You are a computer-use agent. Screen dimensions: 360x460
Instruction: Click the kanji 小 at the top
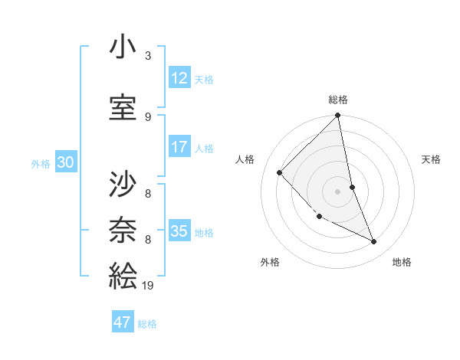pos(123,48)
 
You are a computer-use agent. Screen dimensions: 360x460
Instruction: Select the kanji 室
pos(123,107)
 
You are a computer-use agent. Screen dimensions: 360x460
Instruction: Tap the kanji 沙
pos(123,184)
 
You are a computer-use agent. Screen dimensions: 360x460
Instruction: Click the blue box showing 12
pos(179,78)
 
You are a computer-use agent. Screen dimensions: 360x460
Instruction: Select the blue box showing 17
pos(179,147)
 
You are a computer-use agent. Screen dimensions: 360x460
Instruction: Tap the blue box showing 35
pos(179,231)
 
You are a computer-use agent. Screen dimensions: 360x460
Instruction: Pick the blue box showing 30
pos(65,162)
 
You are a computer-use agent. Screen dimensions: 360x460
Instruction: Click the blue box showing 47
pos(123,322)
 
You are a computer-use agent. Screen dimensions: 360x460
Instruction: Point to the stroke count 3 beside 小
pos(148,56)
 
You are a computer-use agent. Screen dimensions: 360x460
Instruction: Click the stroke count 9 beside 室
pos(148,116)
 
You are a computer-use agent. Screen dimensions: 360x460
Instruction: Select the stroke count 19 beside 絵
pos(149,286)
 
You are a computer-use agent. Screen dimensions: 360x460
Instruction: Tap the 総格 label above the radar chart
pos(338,100)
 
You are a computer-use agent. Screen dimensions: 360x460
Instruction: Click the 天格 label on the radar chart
pos(432,159)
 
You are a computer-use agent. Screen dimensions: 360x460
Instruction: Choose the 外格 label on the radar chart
pos(270,262)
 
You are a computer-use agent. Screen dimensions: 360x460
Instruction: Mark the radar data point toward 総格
pos(338,116)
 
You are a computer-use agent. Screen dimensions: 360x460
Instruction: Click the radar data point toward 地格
pos(374,242)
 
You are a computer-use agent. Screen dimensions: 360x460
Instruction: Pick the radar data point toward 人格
pos(280,172)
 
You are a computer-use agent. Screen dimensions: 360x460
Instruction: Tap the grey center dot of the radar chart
pos(338,191)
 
